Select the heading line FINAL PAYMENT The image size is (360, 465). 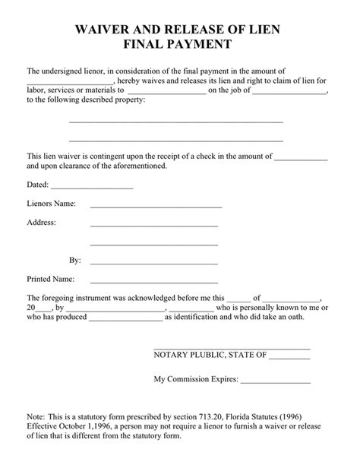tap(179, 45)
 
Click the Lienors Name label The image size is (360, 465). tap(52, 204)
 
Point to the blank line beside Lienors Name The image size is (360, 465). tap(156, 207)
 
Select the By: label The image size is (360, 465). tap(75, 260)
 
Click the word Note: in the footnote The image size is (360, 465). tap(36, 417)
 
